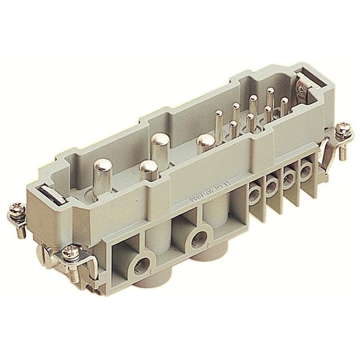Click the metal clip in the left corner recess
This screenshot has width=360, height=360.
click(x=51, y=193)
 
